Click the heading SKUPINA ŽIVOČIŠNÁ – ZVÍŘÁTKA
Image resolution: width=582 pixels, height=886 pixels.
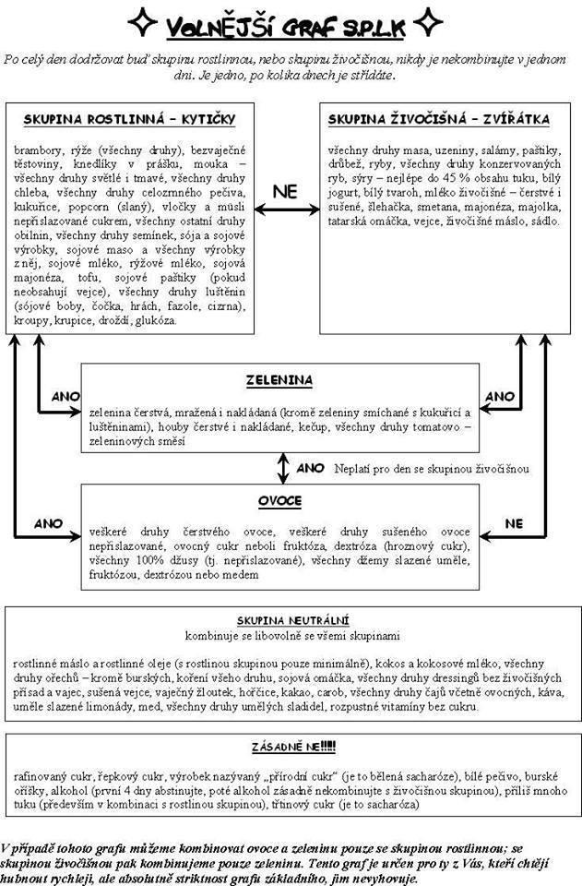(x=439, y=120)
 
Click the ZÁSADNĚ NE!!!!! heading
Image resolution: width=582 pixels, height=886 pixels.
(x=291, y=746)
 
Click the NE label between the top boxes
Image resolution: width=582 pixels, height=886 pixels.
(x=285, y=192)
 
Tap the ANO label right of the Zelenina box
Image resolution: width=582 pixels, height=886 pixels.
(x=499, y=396)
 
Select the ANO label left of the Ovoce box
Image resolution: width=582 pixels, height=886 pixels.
(x=48, y=522)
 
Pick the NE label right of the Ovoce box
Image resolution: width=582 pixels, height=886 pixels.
(x=513, y=522)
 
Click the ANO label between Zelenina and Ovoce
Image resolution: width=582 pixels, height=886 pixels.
(x=311, y=468)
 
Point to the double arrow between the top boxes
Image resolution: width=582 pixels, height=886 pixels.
(x=286, y=210)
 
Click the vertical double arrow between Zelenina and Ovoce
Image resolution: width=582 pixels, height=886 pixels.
(x=282, y=467)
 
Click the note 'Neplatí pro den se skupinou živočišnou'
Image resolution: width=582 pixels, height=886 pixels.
(x=432, y=469)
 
